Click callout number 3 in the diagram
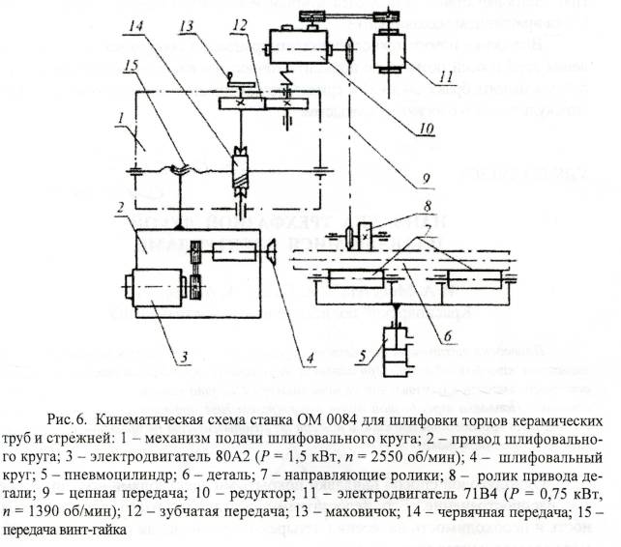coord(184,357)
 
